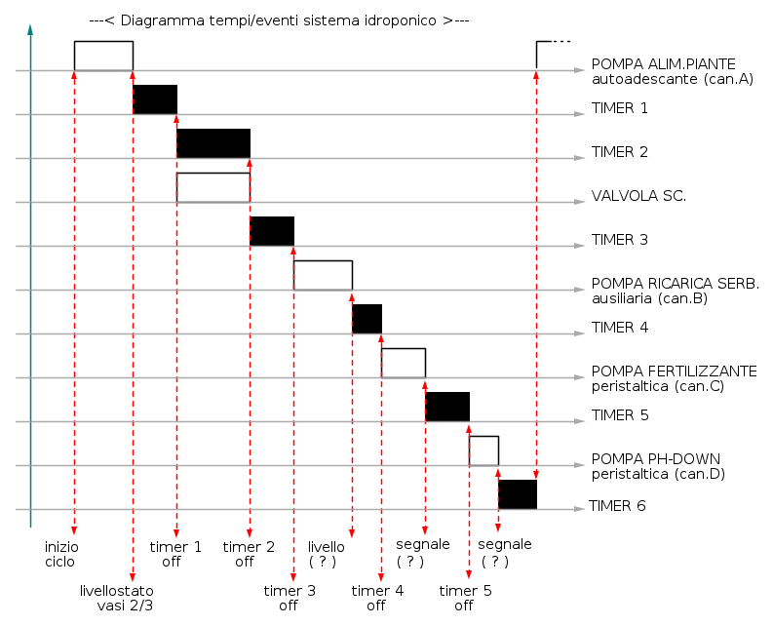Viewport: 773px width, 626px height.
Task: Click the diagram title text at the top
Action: coord(280,20)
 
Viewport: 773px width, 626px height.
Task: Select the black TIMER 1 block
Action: coord(155,99)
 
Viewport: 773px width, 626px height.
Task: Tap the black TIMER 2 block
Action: coord(213,143)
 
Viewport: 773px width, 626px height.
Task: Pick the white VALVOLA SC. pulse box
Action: coord(213,187)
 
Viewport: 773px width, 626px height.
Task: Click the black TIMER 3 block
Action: coord(272,231)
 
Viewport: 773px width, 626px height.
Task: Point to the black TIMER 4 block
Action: coord(367,319)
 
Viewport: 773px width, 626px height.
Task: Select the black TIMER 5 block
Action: coord(447,407)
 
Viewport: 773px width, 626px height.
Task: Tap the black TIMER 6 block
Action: coord(518,494)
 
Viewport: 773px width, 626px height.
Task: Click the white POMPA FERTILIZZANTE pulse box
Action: coord(404,363)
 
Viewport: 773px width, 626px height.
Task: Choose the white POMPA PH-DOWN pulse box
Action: coord(483,450)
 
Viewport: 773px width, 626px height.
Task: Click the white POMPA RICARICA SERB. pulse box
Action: coord(323,275)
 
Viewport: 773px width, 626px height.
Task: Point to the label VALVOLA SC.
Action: coord(638,196)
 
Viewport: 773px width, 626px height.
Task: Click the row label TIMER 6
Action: coord(619,506)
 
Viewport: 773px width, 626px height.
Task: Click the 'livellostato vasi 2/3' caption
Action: coord(117,598)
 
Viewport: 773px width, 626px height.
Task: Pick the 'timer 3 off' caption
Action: coord(290,598)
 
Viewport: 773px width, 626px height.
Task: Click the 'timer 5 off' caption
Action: coord(465,598)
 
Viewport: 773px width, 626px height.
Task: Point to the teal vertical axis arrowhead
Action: coord(31,31)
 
